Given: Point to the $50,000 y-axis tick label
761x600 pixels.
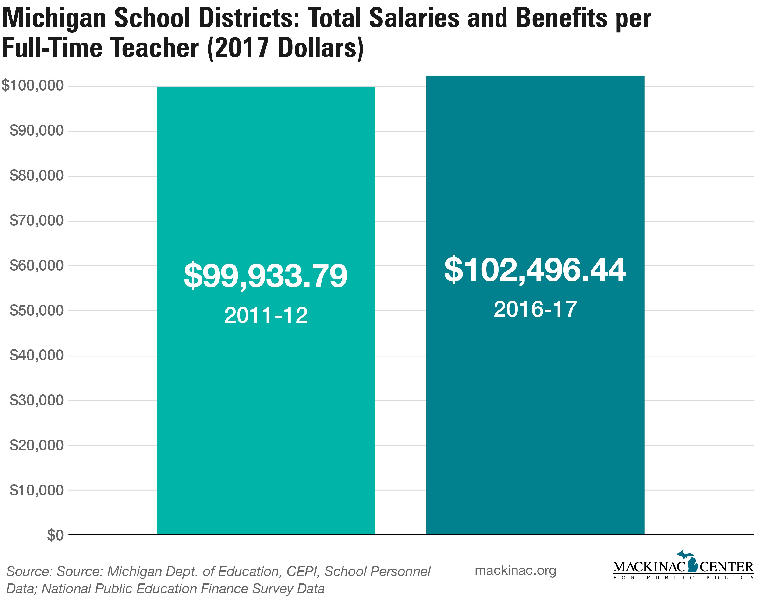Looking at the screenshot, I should tap(37, 310).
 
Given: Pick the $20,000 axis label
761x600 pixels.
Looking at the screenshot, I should tap(37, 445).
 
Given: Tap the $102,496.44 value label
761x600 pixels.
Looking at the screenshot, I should tap(535, 270).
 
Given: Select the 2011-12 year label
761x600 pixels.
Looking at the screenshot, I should tap(266, 315).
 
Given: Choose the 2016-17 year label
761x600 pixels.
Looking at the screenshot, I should tap(535, 310).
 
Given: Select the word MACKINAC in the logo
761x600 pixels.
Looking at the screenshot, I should tap(649, 567).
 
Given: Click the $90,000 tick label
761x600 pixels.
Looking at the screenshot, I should tap(37, 130).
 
